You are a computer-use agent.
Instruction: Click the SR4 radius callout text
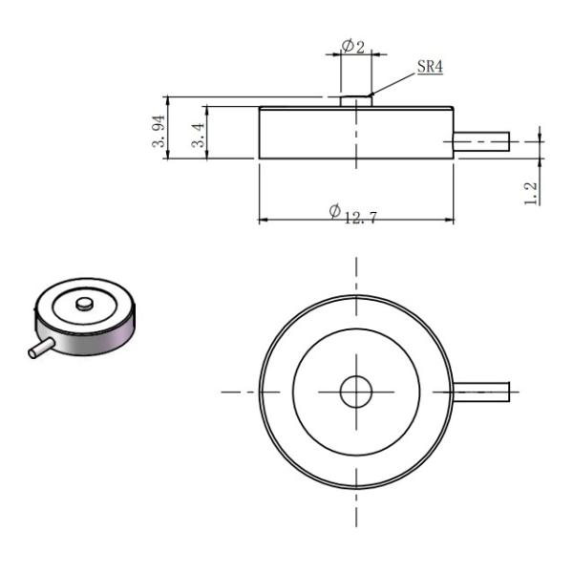(430, 69)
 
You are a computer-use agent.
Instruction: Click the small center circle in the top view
(355, 391)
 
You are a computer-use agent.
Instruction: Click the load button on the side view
(355, 99)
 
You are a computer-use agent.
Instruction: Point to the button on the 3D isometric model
(84, 304)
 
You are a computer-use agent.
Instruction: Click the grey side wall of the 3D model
(91, 337)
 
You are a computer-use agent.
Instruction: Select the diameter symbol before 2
(347, 46)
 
